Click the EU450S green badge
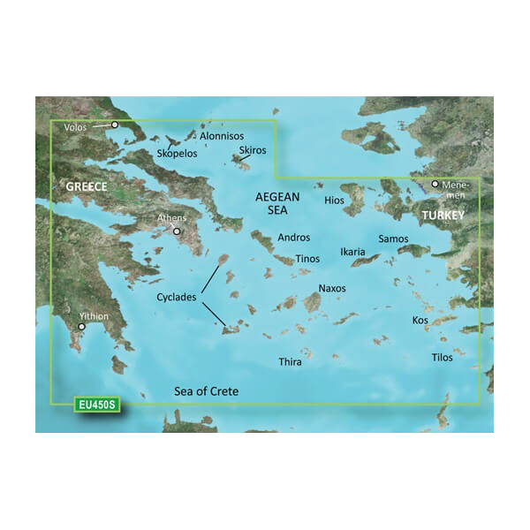(x=96, y=405)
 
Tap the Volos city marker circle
(x=114, y=125)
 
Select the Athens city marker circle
(x=178, y=232)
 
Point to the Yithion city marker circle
(x=82, y=327)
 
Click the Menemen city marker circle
(x=435, y=185)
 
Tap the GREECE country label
(x=87, y=187)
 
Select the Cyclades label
(x=176, y=298)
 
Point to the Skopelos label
(x=177, y=154)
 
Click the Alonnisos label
(x=223, y=137)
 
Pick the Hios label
(x=334, y=201)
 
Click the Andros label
(x=294, y=238)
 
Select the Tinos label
(x=307, y=258)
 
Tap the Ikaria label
(x=352, y=253)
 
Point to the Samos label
(x=393, y=239)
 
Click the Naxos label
(x=332, y=288)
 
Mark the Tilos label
(x=442, y=358)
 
